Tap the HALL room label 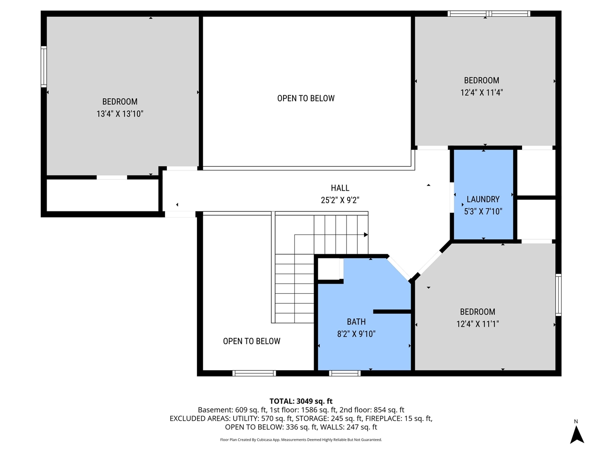pos(340,188)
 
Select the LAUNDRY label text pos(483,199)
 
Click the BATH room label pos(356,322)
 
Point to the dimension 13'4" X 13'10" pos(120,113)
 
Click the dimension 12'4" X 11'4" pos(482,93)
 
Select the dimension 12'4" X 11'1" pos(477,324)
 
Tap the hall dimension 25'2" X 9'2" pos(340,200)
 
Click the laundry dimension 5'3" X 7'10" pos(483,211)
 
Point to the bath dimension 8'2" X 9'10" pos(356,334)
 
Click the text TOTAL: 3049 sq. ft pos(301,401)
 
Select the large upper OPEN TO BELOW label pos(306,98)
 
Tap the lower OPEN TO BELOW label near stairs pos(252,341)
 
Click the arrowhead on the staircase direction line pos(365,234)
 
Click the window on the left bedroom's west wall pos(44,66)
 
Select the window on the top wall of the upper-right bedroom pos(489,14)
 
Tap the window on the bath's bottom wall pos(345,373)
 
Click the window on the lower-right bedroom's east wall pos(558,295)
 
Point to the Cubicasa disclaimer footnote pos(301,440)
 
